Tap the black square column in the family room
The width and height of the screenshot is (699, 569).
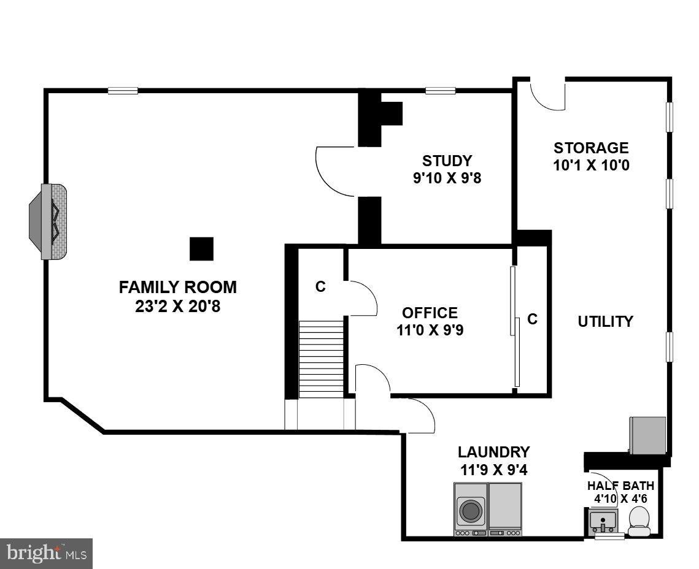(x=201, y=249)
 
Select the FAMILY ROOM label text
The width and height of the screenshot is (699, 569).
(x=177, y=287)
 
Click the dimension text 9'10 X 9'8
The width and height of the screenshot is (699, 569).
(x=447, y=178)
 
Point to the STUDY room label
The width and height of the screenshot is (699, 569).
(x=447, y=161)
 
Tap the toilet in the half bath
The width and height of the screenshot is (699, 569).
(x=639, y=521)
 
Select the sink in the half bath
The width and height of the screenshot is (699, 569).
(x=604, y=522)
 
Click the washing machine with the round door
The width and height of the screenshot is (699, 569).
(x=471, y=510)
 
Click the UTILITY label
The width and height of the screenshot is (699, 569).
(x=605, y=321)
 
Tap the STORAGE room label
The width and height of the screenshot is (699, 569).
(x=591, y=148)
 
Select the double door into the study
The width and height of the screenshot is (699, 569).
(x=336, y=172)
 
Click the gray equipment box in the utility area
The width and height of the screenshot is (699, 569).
(x=647, y=435)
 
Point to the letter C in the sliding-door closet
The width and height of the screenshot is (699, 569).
(x=532, y=319)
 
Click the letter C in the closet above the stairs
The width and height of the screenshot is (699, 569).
(x=320, y=286)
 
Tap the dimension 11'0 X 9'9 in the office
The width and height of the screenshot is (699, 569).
(x=430, y=330)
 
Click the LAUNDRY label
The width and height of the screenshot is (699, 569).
(x=493, y=453)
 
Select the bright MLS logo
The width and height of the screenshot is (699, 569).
(x=46, y=554)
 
